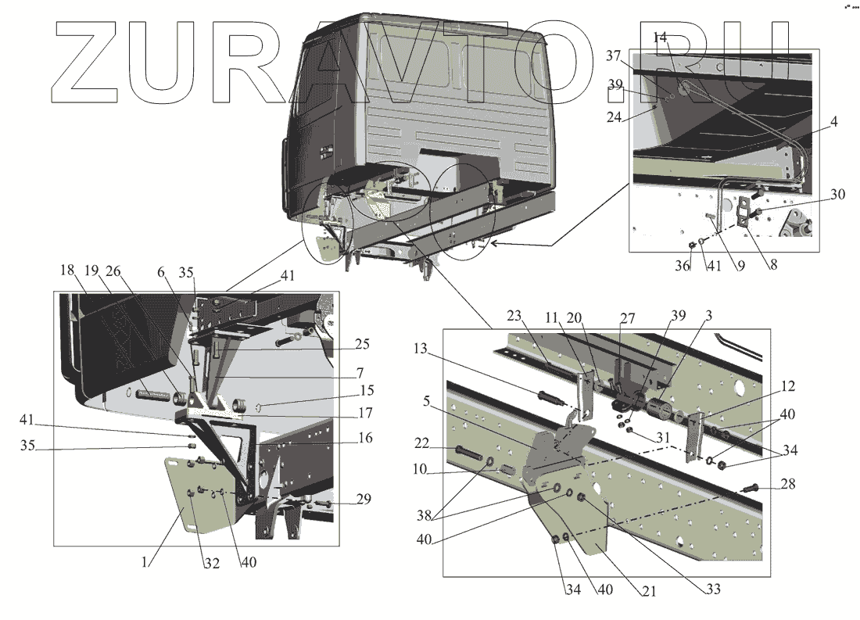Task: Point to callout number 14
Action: point(660,37)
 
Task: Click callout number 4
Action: point(834,122)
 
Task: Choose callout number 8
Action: point(772,265)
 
